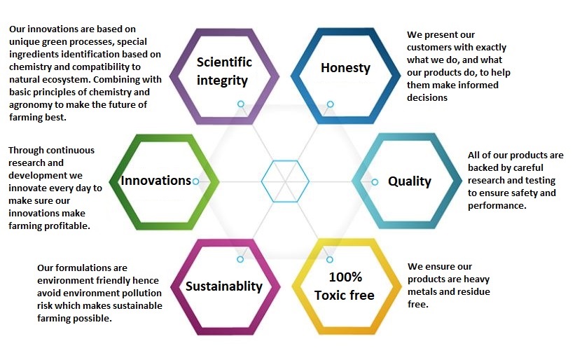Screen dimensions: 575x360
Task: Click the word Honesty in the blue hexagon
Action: point(345,68)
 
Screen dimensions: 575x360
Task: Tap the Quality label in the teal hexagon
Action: point(410,181)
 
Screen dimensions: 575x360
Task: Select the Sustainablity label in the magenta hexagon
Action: point(223,286)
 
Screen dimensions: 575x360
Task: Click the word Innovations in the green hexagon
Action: point(156,181)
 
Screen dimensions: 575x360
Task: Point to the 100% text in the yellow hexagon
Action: point(345,277)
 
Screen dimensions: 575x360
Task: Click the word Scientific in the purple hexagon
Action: point(224,62)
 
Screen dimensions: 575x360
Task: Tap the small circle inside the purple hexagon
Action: point(240,104)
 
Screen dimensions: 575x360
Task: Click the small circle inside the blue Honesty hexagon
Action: point(330,104)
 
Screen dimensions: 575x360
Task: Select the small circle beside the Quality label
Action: point(375,182)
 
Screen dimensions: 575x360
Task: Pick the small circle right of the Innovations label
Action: point(196,181)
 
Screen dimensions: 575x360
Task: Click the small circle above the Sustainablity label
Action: point(240,260)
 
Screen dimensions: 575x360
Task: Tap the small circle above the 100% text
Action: point(330,260)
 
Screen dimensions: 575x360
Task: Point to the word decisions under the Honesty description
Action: point(427,97)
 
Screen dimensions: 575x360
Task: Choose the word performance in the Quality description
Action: point(497,206)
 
